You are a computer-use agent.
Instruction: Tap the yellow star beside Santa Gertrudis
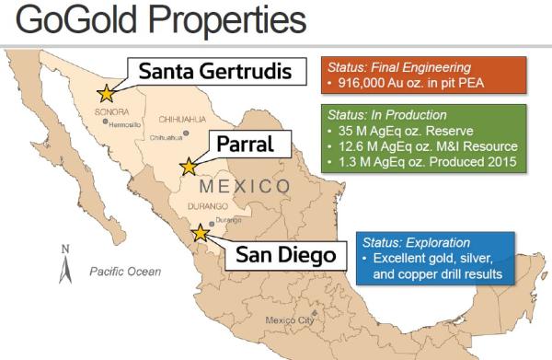coord(107,92)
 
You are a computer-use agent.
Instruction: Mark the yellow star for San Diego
coord(200,235)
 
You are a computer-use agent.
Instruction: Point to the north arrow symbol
coord(64,267)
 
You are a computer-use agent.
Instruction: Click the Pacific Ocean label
coord(125,272)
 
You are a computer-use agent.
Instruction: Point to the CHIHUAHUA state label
coord(182,119)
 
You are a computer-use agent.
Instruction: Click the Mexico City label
coord(290,319)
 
